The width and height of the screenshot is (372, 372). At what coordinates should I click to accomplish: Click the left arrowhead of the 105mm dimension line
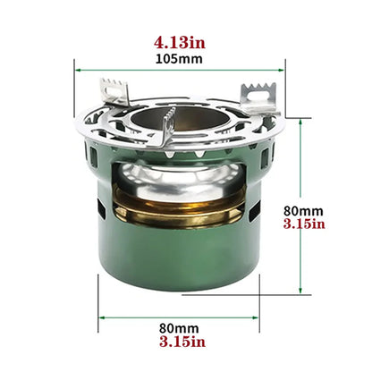click(x=78, y=68)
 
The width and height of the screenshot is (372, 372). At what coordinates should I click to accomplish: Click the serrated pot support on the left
click(x=113, y=92)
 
